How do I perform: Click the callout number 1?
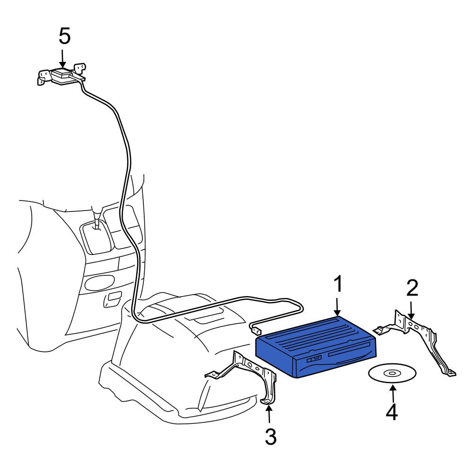(338, 284)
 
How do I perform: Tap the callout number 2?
(412, 288)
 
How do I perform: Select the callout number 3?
(271, 437)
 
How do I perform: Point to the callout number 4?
(392, 412)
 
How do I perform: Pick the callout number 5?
(64, 36)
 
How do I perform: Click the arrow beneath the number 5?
(62, 59)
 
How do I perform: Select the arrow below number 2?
(411, 309)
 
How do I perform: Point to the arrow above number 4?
(393, 394)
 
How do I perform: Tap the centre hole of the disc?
(392, 374)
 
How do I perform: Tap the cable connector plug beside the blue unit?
(256, 330)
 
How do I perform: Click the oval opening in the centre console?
(99, 282)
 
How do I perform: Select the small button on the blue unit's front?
(314, 359)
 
